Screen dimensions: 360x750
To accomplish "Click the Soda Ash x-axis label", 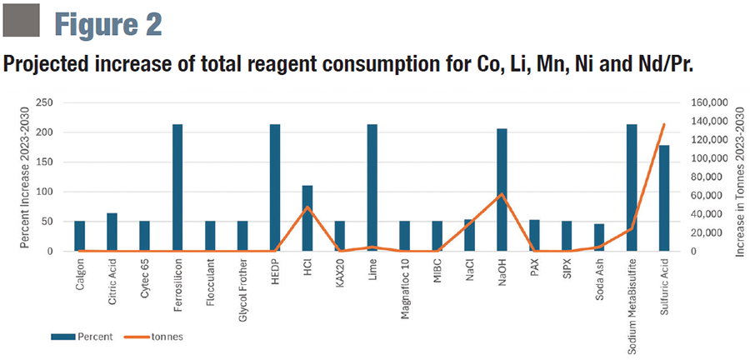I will coord(599,278).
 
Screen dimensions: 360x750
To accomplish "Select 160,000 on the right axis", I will coord(709,102).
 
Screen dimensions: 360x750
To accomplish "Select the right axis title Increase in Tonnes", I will coord(741,177).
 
